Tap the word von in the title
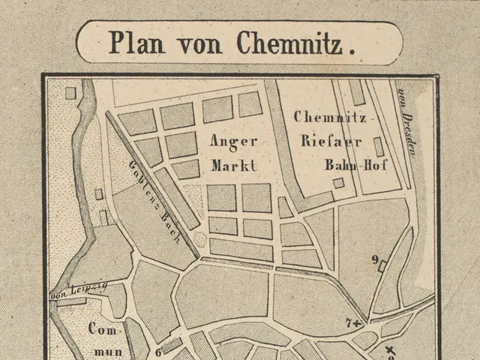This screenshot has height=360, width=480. (x=198, y=43)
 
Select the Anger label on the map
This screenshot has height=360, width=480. (x=233, y=141)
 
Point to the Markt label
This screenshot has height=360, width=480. (x=233, y=164)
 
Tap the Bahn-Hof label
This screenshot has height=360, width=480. (x=355, y=164)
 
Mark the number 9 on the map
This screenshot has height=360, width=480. (x=373, y=260)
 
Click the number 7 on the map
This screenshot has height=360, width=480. (x=348, y=322)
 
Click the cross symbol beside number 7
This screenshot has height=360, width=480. (x=357, y=322)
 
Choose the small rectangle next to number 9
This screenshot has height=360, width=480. (x=383, y=265)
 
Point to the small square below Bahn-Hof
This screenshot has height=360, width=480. (x=339, y=182)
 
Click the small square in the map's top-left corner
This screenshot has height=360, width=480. (x=70, y=94)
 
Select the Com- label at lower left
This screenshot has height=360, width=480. (x=104, y=328)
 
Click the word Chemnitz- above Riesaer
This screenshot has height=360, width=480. (x=329, y=117)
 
